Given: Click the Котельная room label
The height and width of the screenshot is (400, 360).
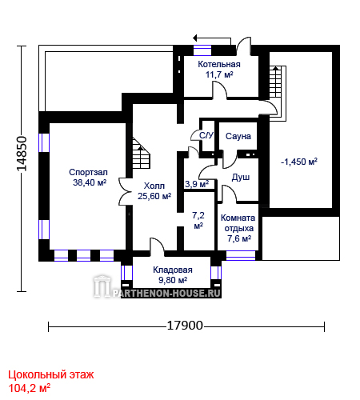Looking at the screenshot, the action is [219, 64].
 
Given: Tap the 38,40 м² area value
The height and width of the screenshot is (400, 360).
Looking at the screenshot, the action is [90, 182].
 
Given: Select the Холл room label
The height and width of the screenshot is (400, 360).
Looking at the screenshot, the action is [154, 186].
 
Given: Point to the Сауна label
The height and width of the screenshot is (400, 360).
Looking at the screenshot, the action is [238, 136].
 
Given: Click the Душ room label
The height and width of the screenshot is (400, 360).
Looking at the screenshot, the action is [241, 178].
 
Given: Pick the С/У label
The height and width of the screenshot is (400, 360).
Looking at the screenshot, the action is [206, 135].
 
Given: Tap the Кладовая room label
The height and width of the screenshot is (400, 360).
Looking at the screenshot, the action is [173, 270].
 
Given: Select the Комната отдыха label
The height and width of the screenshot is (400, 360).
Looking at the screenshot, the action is [238, 223].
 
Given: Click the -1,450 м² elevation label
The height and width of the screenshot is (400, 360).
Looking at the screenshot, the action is [299, 162].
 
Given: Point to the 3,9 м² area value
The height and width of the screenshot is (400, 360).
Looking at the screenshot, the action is [197, 184].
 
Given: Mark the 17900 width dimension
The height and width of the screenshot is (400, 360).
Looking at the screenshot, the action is [185, 326].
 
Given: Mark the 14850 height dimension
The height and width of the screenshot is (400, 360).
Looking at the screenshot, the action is [22, 154].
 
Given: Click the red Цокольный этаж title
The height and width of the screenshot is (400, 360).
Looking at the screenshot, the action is [51, 375].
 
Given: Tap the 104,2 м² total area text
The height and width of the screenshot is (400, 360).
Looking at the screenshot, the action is [30, 388].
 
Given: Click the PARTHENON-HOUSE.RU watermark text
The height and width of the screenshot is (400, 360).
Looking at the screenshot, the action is [166, 294].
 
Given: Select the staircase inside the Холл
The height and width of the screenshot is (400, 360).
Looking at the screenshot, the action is [142, 154].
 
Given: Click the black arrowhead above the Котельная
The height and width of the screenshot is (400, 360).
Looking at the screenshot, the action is [195, 38].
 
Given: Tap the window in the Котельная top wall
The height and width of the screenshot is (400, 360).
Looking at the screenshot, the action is [202, 50].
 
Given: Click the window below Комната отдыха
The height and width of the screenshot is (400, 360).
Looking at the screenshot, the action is [241, 255].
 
